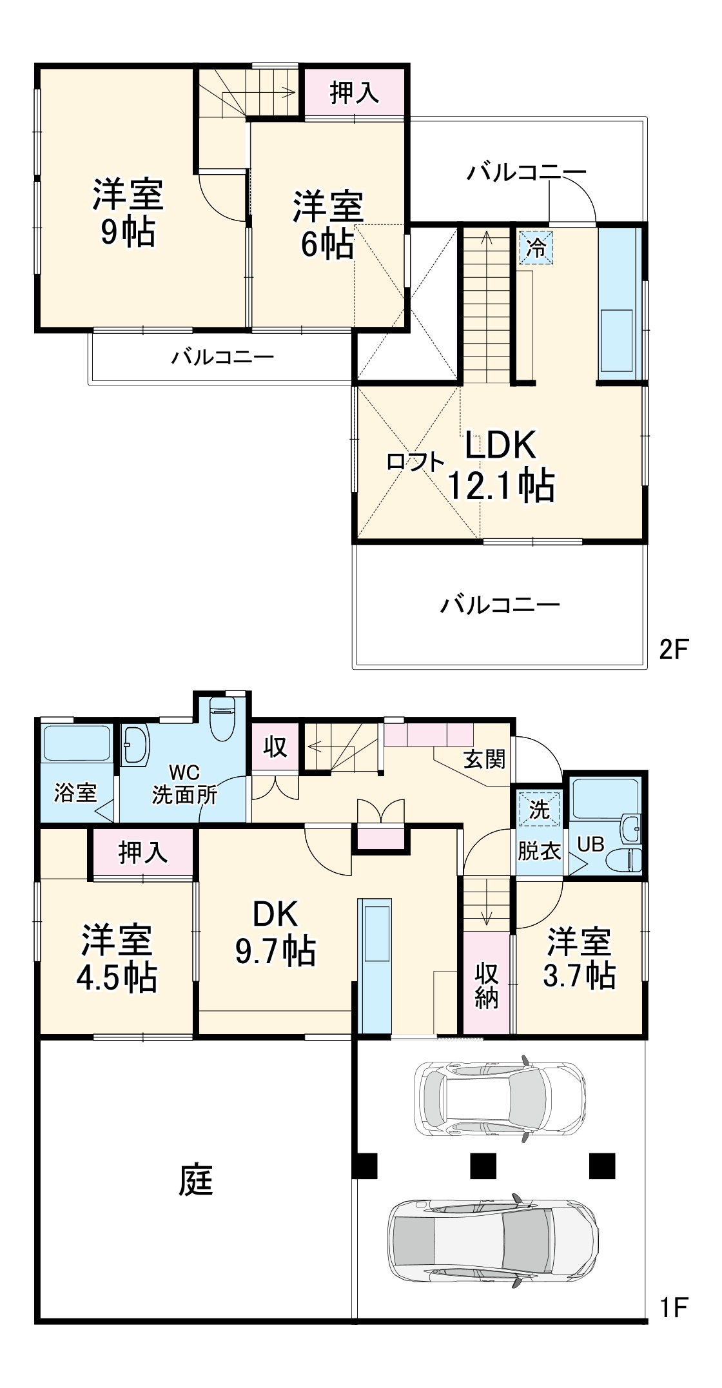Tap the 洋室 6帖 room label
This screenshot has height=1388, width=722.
pyautogui.click(x=327, y=225)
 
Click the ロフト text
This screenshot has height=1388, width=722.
pyautogui.click(x=415, y=462)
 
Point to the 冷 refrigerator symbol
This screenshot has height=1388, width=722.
pyautogui.click(x=536, y=248)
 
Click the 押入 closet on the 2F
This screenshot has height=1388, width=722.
pyautogui.click(x=355, y=93)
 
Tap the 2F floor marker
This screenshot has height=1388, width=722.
pyautogui.click(x=674, y=649)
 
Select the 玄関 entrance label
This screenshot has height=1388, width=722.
pyautogui.click(x=484, y=759)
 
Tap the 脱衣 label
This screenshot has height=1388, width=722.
pyautogui.click(x=539, y=851)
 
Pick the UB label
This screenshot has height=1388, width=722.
pyautogui.click(x=590, y=844)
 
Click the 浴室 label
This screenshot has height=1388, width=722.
pyautogui.click(x=75, y=792)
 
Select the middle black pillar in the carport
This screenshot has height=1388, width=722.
pyautogui.click(x=483, y=1166)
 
